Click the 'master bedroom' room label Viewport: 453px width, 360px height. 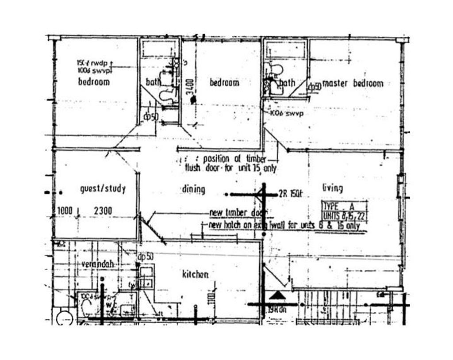click(x=353, y=84)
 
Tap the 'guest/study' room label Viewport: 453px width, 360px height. click(x=103, y=189)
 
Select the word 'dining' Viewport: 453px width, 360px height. click(x=193, y=189)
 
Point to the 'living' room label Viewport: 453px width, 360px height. click(x=332, y=188)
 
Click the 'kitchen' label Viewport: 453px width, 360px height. click(x=195, y=275)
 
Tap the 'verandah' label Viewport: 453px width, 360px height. click(x=97, y=264)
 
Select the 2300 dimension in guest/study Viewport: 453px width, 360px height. click(x=103, y=211)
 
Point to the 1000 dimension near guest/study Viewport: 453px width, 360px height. click(x=65, y=211)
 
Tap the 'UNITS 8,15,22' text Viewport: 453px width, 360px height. click(x=344, y=216)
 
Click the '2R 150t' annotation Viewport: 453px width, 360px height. click(x=290, y=193)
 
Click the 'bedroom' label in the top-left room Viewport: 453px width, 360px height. click(x=94, y=82)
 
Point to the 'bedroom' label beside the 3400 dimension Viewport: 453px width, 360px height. click(x=224, y=83)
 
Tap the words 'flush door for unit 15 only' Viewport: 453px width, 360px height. click(x=230, y=168)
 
